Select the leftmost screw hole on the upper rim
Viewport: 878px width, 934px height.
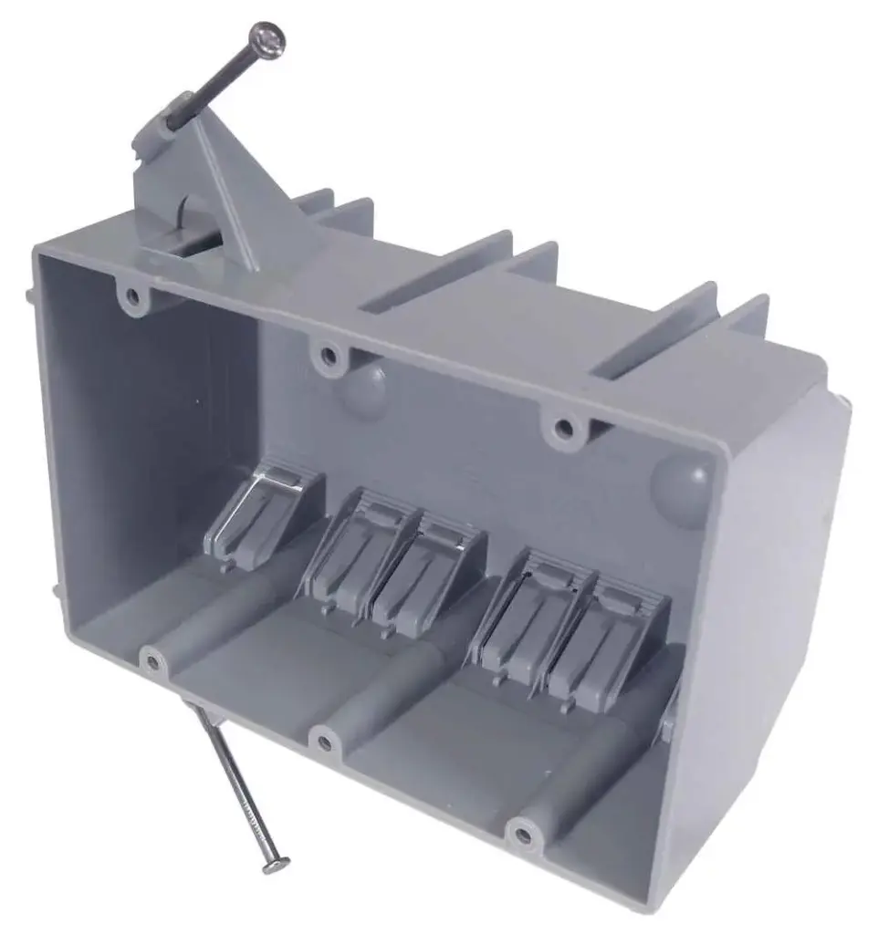pos(133,296)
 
